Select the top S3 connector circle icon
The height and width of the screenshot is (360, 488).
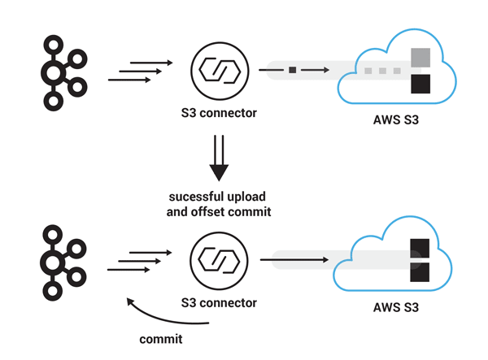218,72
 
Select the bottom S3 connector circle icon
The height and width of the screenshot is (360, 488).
218,261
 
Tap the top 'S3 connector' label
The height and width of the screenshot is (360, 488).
218,113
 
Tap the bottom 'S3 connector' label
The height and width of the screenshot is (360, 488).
218,303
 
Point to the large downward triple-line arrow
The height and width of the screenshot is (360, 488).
218,158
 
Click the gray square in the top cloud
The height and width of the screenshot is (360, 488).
420,58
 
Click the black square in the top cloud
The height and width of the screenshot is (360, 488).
420,84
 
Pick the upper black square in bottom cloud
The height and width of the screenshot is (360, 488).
420,248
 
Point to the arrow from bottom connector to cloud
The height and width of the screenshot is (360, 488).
293,261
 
